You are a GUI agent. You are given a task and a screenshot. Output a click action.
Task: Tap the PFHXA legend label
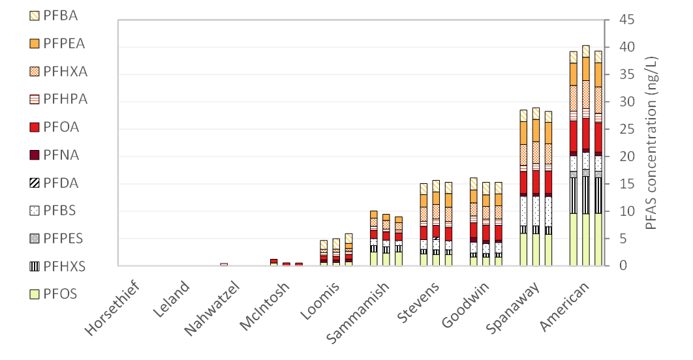[65, 72]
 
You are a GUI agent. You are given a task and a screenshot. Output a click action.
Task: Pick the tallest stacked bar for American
[586, 156]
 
